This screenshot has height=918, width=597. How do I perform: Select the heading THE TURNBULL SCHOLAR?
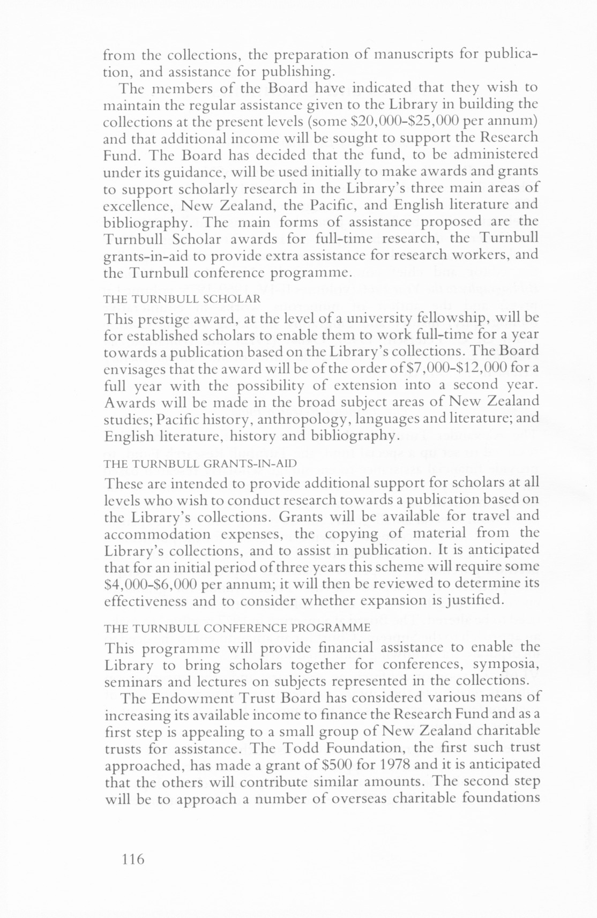[x=182, y=298]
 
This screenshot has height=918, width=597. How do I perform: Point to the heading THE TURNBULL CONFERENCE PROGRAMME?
[x=237, y=627]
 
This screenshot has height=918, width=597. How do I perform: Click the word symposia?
[x=507, y=666]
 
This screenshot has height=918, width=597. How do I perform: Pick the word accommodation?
[x=158, y=534]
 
